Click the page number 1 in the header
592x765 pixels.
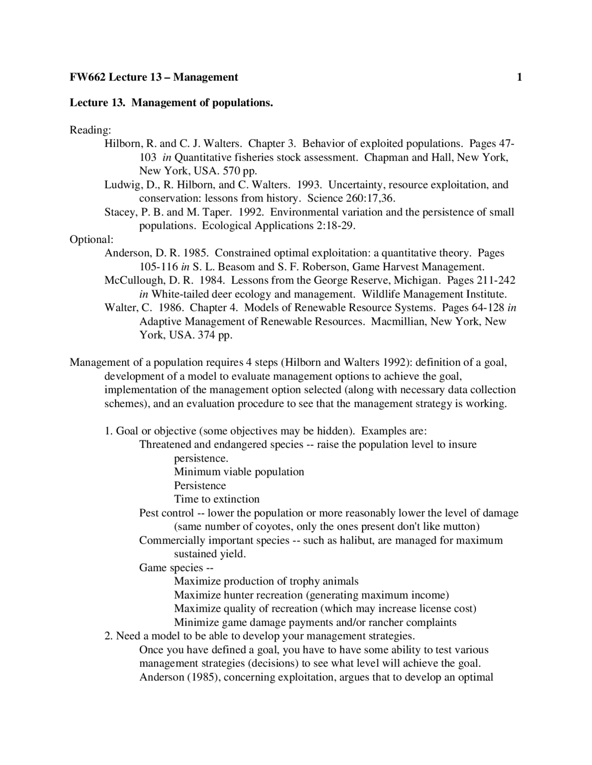(x=519, y=77)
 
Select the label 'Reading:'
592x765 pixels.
(x=90, y=130)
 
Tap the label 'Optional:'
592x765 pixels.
(x=91, y=239)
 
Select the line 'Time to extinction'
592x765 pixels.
(x=216, y=499)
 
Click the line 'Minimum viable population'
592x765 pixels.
(x=239, y=472)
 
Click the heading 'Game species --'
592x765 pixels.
(x=176, y=568)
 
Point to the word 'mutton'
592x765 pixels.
(x=459, y=527)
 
